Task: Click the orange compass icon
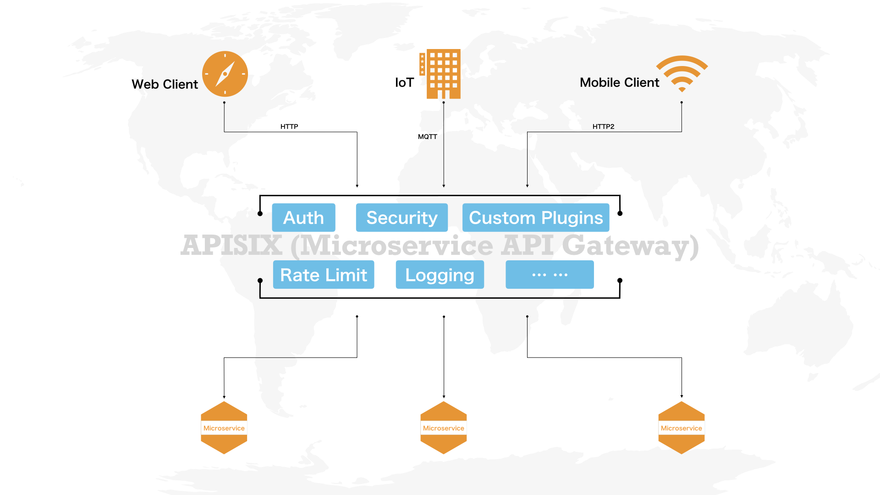[225, 74]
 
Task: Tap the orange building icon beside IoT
[443, 74]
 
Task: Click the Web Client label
[165, 84]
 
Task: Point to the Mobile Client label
[619, 82]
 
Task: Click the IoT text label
[404, 82]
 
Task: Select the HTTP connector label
[289, 126]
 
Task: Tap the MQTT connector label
[427, 137]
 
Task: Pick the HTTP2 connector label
[603, 126]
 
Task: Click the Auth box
[303, 218]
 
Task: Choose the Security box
[401, 218]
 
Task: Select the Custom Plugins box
[536, 218]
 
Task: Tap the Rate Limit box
[324, 275]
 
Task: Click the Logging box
[440, 275]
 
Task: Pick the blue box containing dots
[550, 275]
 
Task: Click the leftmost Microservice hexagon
[224, 428]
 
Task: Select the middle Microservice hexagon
[444, 428]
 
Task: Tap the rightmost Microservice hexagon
[682, 428]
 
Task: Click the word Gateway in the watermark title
[630, 246]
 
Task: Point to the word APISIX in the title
[231, 246]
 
